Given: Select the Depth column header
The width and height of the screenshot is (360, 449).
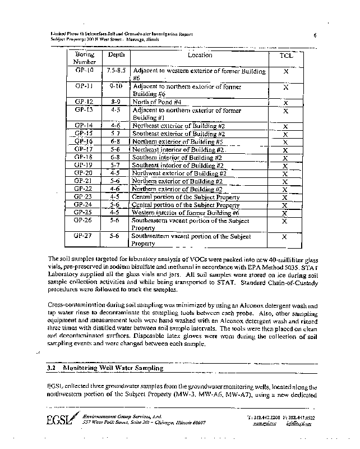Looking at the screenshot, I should point(116,55).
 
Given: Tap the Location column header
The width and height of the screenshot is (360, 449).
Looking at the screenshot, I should point(200,55).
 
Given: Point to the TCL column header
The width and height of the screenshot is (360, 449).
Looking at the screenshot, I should point(286,56).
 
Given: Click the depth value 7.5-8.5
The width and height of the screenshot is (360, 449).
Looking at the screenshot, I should point(116,71).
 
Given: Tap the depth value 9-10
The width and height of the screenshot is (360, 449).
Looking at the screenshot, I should point(116,87).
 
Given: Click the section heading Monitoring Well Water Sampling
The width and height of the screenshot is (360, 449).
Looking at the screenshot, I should point(114,368).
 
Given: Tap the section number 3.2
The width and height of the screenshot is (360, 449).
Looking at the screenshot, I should point(53,368).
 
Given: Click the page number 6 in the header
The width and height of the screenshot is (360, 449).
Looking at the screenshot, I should point(316,35).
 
